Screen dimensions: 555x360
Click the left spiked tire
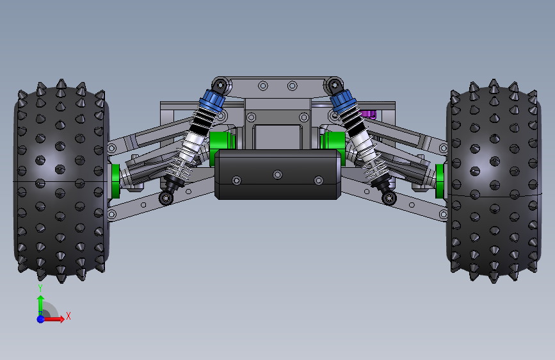tap(61, 181)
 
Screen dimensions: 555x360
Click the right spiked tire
tap(494, 181)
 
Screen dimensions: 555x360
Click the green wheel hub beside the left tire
tap(115, 181)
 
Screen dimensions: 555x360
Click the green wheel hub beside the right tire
tap(440, 181)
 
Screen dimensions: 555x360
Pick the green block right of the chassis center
tap(333, 145)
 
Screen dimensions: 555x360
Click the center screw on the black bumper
tap(278, 175)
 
